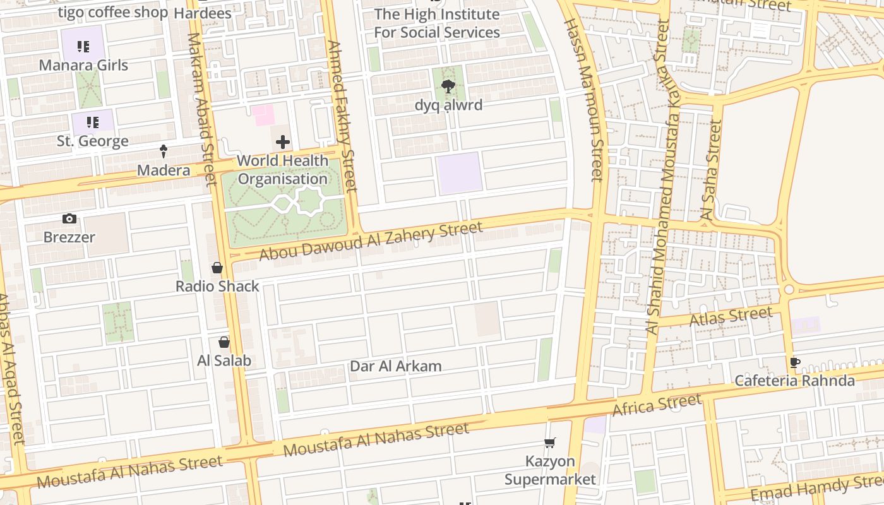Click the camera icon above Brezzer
click(69, 219)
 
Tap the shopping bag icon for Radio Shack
click(217, 268)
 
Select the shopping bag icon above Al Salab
click(224, 342)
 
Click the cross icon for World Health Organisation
click(283, 142)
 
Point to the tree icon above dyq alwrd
click(448, 86)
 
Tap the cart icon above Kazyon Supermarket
click(550, 443)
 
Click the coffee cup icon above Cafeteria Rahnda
click(795, 362)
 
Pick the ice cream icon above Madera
click(164, 151)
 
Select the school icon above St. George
click(93, 122)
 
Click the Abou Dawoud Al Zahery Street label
click(371, 241)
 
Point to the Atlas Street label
click(731, 316)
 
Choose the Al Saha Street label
click(711, 170)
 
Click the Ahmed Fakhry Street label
click(342, 117)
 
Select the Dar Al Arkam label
click(396, 366)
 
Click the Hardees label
click(202, 13)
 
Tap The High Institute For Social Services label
click(437, 23)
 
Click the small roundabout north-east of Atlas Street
click(788, 290)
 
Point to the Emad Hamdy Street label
click(815, 489)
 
